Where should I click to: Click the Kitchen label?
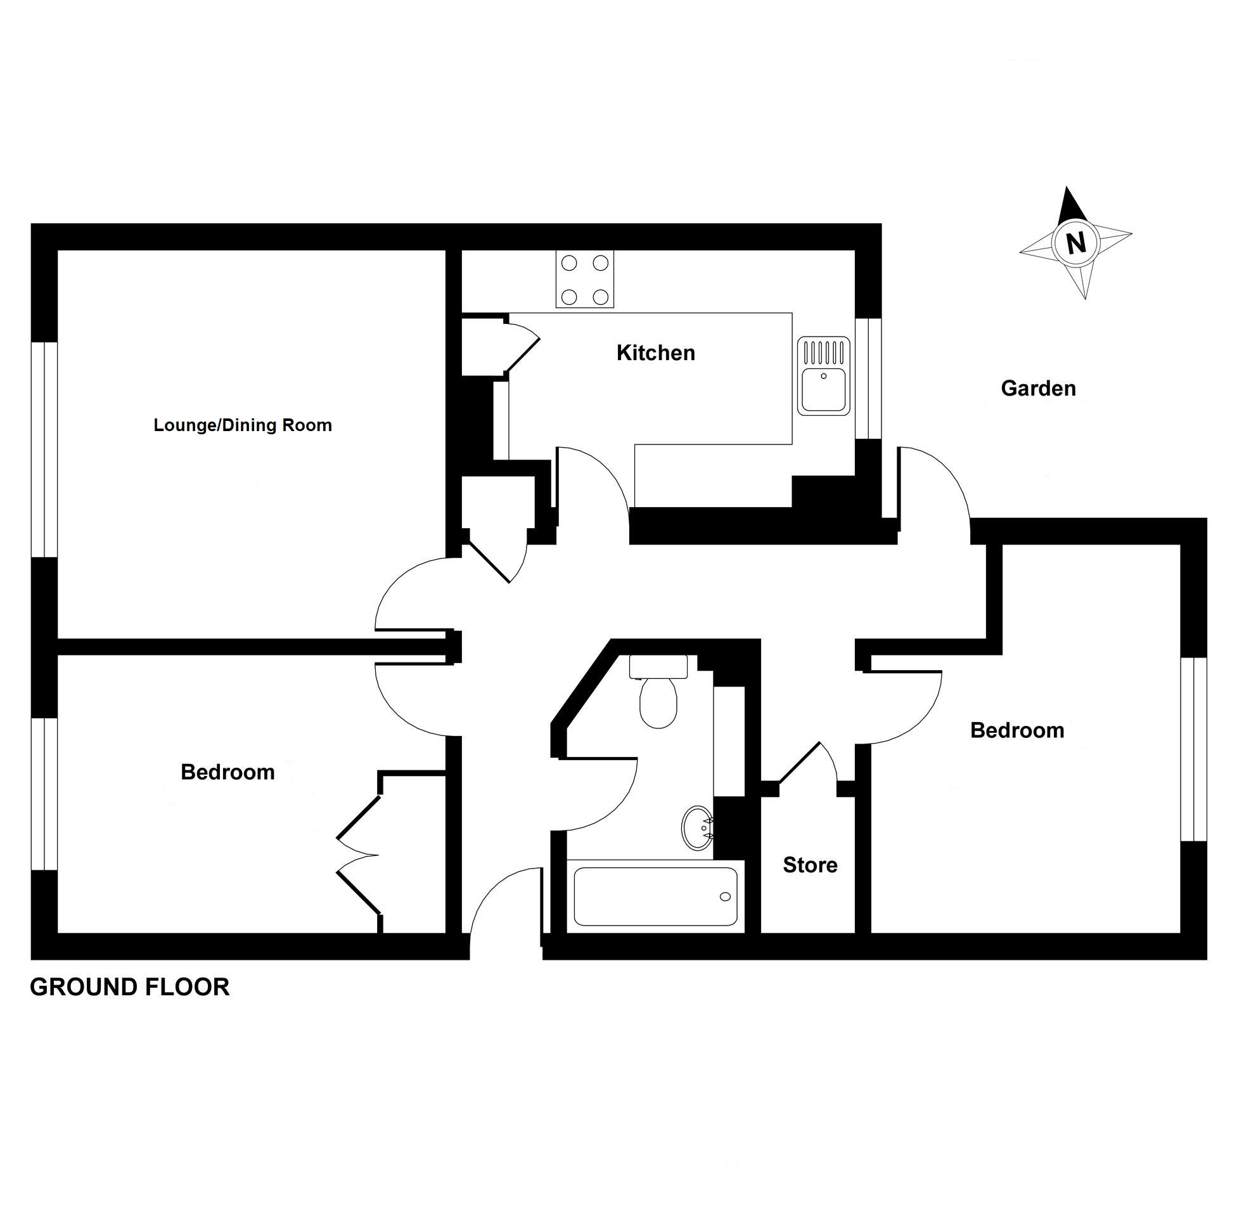point(655,353)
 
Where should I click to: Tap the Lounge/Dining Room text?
point(243,425)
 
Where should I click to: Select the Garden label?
point(1038,388)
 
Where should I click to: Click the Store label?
point(810,865)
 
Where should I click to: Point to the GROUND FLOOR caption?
point(129,987)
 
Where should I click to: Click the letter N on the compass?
point(1075,243)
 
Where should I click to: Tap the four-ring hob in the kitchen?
point(584,280)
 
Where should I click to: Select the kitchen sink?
point(824,376)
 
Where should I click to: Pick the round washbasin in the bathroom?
point(697,827)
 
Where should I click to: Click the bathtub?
point(655,896)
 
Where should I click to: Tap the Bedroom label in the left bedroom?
point(228,773)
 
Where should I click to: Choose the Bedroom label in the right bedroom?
point(1016,731)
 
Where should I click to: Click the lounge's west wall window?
point(44,449)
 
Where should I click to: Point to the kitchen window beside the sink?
point(868,387)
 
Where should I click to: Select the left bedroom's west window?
point(44,794)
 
